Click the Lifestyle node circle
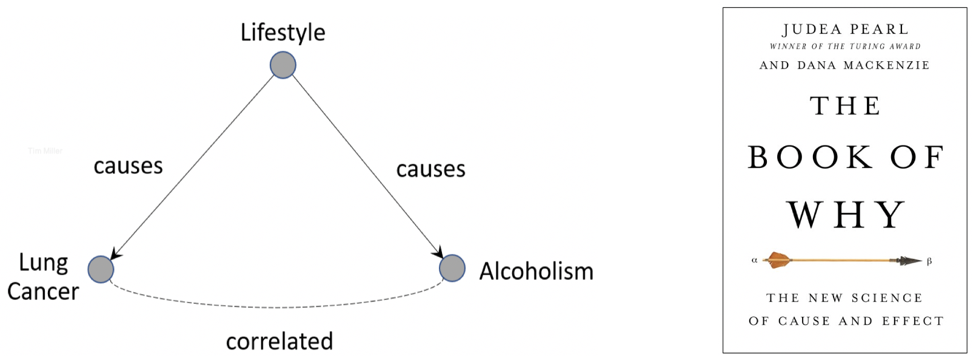[x=283, y=65]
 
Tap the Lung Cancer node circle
[x=101, y=269]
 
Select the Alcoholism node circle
[x=452, y=268]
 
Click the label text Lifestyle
[x=283, y=33]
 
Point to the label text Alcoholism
[x=536, y=271]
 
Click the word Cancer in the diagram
[x=43, y=291]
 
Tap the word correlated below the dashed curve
[x=279, y=341]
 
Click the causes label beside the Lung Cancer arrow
[x=128, y=166]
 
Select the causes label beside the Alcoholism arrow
[x=431, y=169]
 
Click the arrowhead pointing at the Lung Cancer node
[x=115, y=254]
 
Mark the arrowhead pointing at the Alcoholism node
[x=438, y=252]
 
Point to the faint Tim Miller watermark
[x=45, y=151]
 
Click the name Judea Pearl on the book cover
[x=845, y=29]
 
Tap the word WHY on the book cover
[x=847, y=215]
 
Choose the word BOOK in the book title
[x=811, y=158]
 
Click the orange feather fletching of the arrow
[x=777, y=260]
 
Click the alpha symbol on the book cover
[x=754, y=260]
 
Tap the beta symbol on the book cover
[x=929, y=261]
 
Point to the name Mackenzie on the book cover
[x=887, y=65]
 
